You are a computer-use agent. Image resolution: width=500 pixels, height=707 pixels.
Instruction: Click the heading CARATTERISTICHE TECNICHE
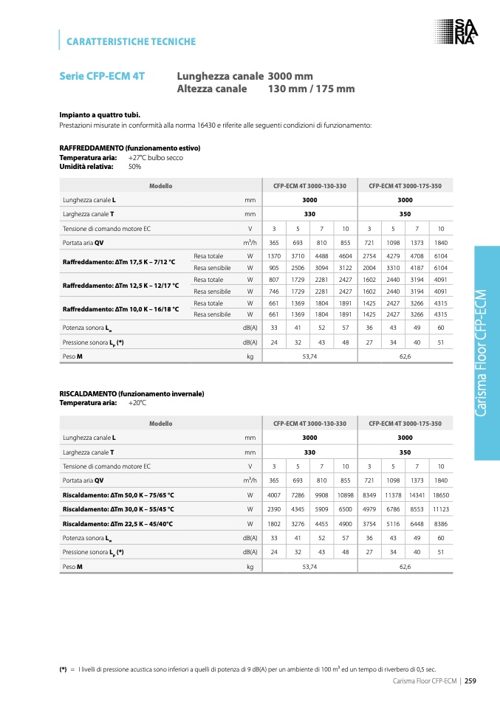131,41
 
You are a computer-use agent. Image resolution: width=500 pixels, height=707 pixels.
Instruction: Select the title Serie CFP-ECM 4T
102,76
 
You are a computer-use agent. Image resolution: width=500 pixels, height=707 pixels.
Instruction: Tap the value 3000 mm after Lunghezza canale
290,76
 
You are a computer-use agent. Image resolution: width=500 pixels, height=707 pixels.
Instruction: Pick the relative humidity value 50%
135,167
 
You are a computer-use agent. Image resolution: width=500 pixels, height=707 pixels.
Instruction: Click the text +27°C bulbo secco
155,158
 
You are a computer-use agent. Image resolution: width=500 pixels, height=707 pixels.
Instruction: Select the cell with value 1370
274,255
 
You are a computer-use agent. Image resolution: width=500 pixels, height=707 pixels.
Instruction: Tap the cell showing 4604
345,255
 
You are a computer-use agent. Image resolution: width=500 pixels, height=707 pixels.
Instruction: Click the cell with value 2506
298,267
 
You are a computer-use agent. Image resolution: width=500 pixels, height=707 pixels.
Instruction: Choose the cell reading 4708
417,255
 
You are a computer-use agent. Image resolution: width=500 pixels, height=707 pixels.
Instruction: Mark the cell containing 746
274,292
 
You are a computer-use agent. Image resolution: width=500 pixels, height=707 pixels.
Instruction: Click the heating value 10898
345,494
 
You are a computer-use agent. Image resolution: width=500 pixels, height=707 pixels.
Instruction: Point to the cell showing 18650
440,494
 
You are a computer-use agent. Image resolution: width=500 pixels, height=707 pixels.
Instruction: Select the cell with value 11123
440,508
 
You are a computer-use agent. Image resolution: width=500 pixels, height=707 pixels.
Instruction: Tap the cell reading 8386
440,523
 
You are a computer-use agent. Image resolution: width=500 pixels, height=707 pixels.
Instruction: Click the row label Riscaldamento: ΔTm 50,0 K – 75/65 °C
118,494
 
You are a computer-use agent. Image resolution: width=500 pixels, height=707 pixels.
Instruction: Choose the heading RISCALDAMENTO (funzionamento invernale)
131,393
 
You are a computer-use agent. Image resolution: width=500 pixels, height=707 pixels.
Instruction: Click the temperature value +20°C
137,403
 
